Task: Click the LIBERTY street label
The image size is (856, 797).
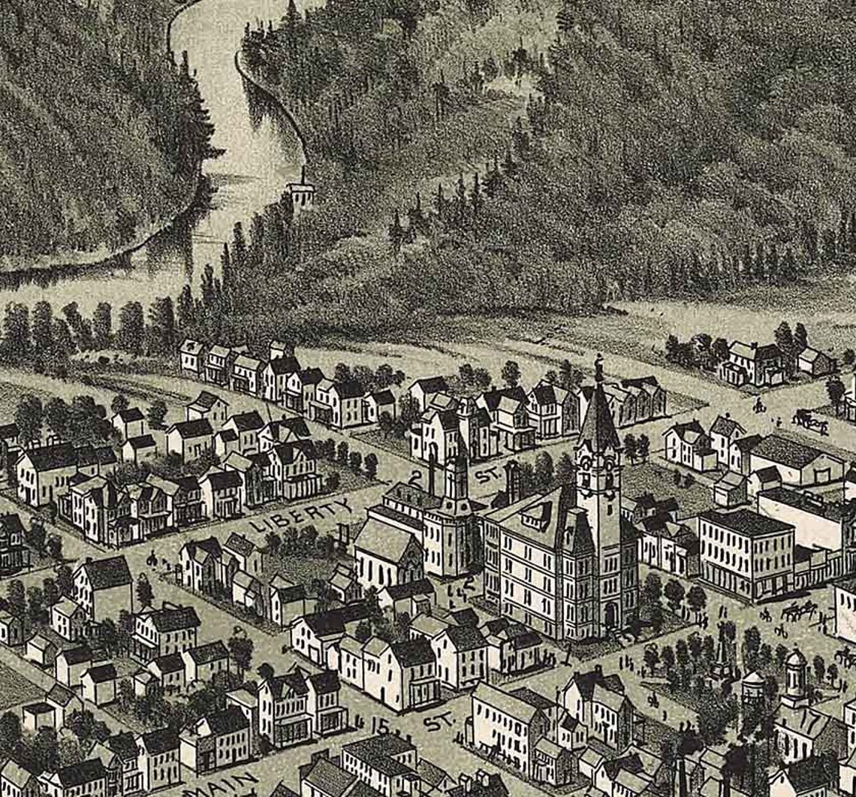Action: click(300, 515)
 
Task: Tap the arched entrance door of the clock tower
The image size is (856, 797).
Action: click(610, 616)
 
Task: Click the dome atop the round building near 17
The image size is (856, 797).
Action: click(794, 661)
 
